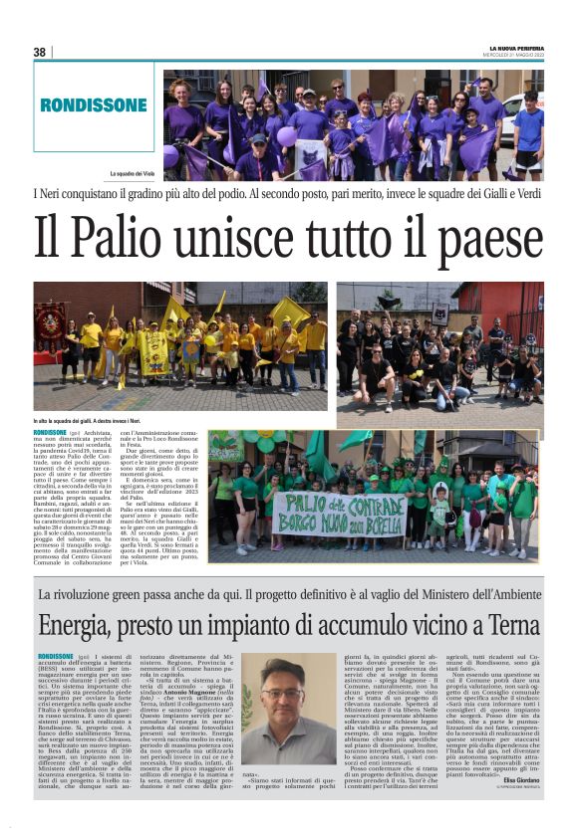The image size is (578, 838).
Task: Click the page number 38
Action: coord(40,52)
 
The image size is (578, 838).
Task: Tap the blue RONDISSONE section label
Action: coord(94,105)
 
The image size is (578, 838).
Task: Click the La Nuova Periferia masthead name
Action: coord(515,48)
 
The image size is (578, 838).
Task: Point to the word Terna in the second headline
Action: coord(511,626)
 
